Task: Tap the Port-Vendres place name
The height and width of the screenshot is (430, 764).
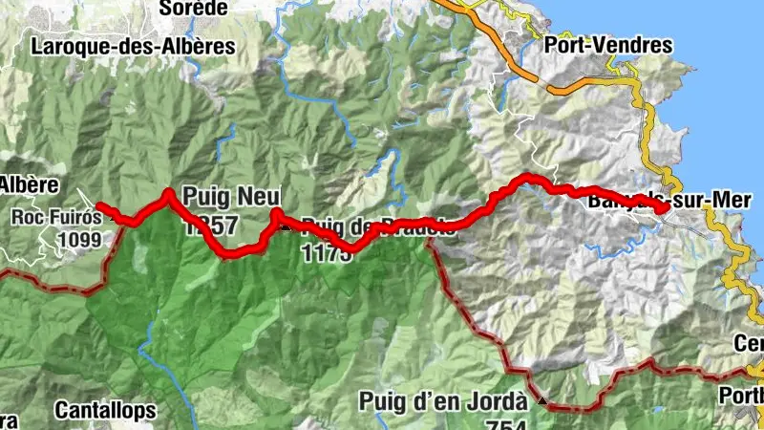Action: coord(607,45)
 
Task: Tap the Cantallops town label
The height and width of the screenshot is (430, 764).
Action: coord(105,410)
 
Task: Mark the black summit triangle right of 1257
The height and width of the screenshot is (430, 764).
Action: coord(285,226)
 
